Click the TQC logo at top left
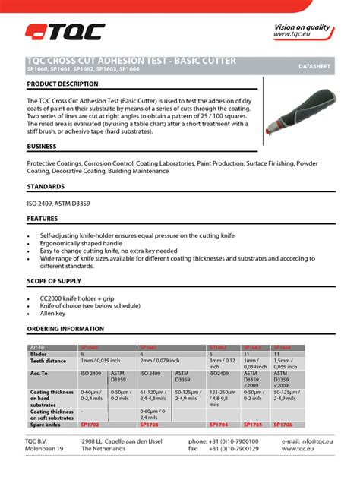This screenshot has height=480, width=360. (x=65, y=32)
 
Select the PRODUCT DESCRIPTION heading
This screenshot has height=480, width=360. (x=63, y=84)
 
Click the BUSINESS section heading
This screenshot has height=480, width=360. (x=42, y=146)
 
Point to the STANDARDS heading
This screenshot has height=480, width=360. (x=46, y=186)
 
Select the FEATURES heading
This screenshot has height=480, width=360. (x=43, y=219)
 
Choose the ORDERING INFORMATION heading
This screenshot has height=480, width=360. (x=65, y=329)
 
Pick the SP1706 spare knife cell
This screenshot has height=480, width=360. (x=283, y=425)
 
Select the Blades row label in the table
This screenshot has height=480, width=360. (x=39, y=354)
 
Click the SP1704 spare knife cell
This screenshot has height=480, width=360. (x=219, y=425)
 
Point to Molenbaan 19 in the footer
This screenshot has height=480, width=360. (x=45, y=449)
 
